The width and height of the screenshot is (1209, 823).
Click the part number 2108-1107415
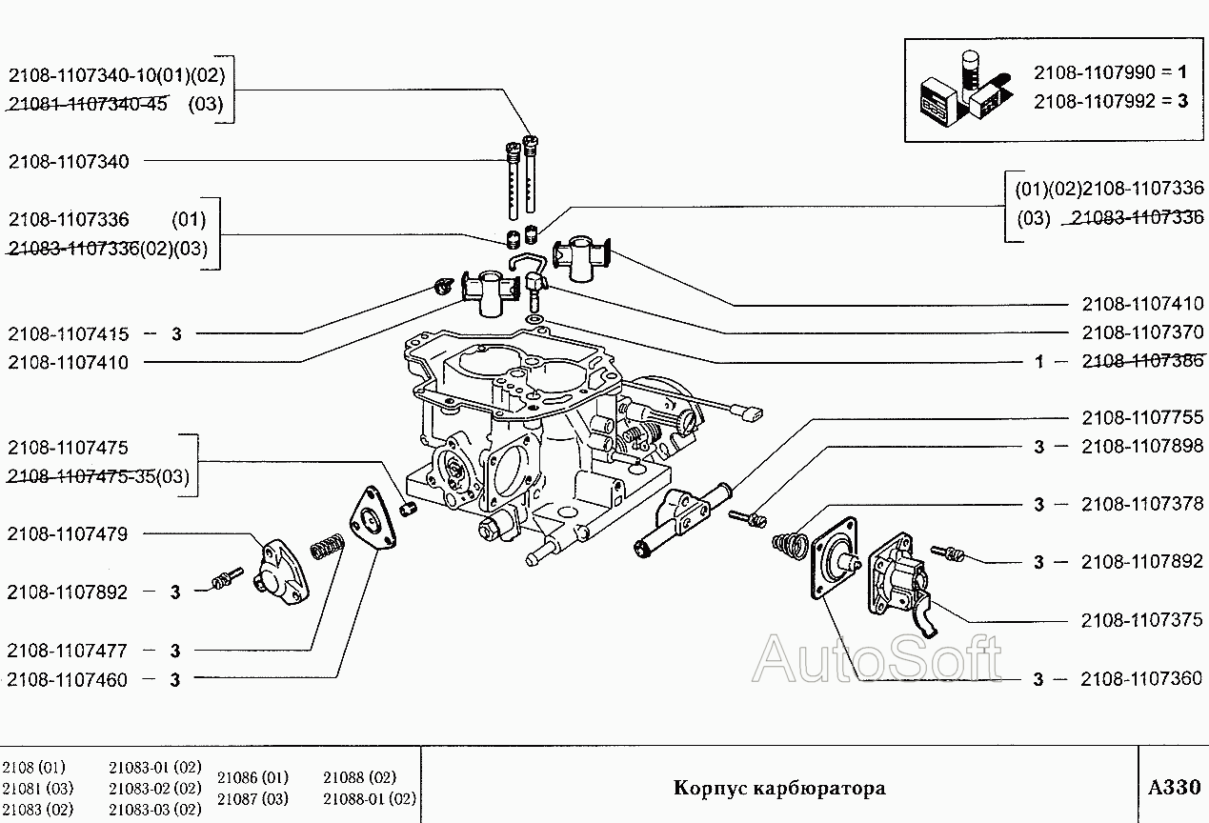(x=68, y=334)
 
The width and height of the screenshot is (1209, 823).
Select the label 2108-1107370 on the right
(x=1142, y=332)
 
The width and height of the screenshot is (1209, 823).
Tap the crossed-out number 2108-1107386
(x=1142, y=361)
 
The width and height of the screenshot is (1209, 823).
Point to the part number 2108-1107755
(x=1142, y=417)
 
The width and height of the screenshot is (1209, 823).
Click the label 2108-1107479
(x=68, y=533)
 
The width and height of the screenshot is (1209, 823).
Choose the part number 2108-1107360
(x=1142, y=679)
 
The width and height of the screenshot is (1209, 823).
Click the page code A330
(x=1174, y=788)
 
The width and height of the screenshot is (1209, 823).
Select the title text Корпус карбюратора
(x=779, y=788)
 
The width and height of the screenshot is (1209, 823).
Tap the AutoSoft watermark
(x=877, y=659)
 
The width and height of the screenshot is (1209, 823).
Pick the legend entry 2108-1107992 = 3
(x=1111, y=100)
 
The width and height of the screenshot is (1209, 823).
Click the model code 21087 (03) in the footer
(x=252, y=798)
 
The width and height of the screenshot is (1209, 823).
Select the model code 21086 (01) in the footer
(x=252, y=777)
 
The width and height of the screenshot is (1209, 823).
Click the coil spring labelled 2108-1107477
(x=326, y=549)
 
